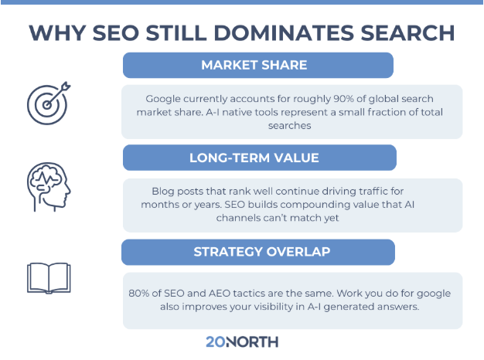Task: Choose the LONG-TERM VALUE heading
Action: [x=258, y=158]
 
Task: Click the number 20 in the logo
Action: [x=215, y=341]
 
